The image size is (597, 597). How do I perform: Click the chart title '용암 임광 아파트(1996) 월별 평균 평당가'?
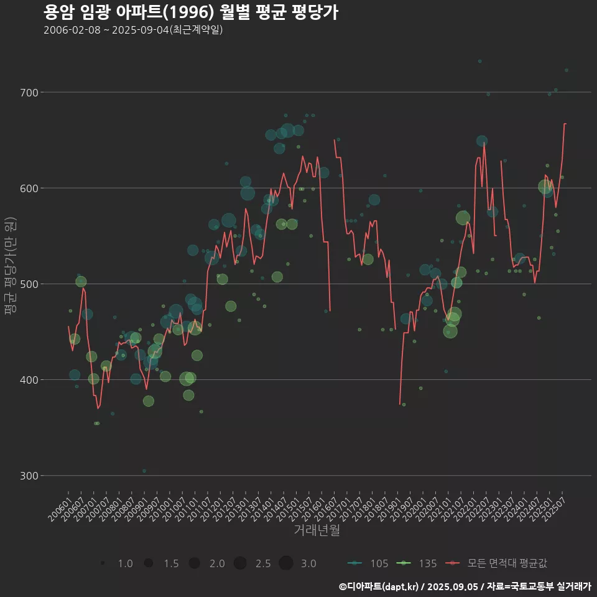pyautogui.click(x=191, y=12)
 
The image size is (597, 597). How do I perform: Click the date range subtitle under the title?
pyautogui.click(x=133, y=30)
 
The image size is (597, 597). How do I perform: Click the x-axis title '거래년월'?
pyautogui.click(x=317, y=530)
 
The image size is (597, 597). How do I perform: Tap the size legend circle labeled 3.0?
pyautogui.click(x=285, y=563)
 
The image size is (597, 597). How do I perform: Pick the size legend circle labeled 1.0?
pyautogui.click(x=103, y=563)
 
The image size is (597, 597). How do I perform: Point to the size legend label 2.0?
pyautogui.click(x=217, y=563)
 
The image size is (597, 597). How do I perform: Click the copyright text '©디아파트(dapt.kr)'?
pyautogui.click(x=379, y=586)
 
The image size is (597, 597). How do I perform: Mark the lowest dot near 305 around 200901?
pyautogui.click(x=144, y=471)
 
